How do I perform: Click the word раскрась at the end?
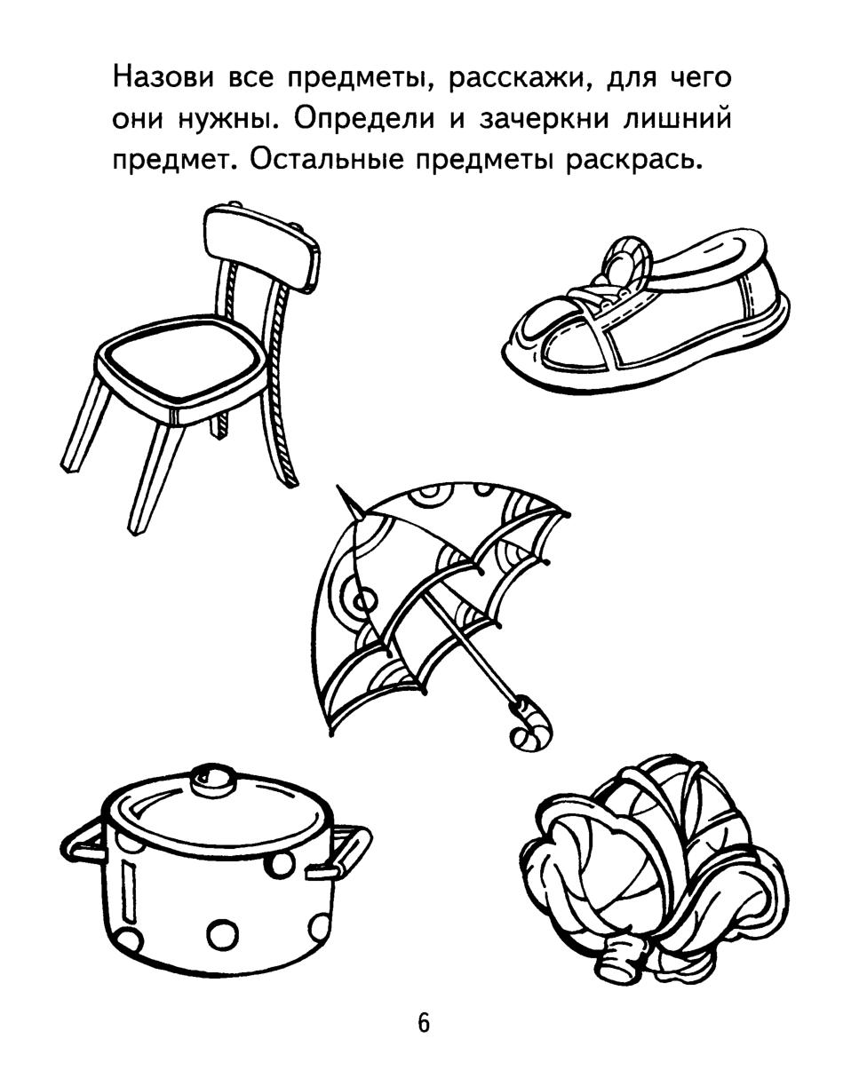coord(632,161)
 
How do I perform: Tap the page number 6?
coord(424,1024)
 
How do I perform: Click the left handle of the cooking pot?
coord(82,842)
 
